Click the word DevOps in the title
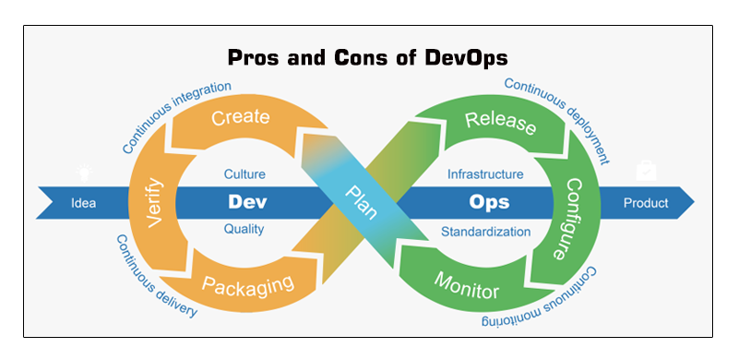coord(463,58)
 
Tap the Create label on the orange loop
coord(240,118)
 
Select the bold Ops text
coord(489,200)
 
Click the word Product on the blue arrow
coord(646,202)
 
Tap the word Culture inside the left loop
coord(244,174)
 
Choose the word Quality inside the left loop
coord(244,229)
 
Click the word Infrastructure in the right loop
coord(485,174)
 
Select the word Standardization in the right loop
coord(485,231)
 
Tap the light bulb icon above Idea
coord(83,170)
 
